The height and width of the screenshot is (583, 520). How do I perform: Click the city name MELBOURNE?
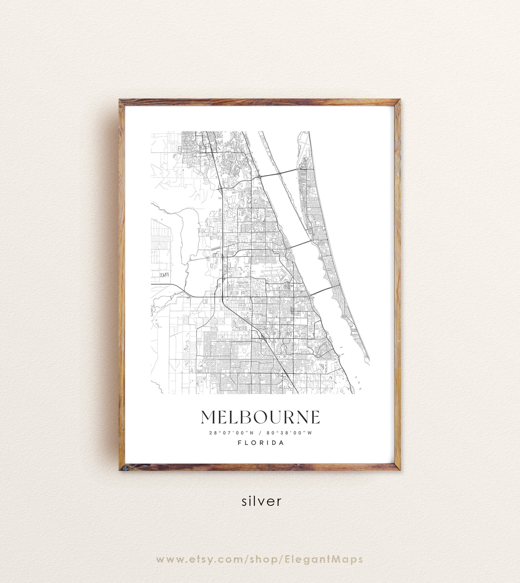(260, 417)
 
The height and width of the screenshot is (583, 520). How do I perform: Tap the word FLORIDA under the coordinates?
(261, 443)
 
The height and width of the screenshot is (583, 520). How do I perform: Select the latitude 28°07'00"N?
(231, 433)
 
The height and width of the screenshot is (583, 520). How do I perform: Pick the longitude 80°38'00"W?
(290, 433)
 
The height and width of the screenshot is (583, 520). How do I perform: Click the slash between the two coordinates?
(260, 433)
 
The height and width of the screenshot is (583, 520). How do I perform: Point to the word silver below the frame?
(261, 501)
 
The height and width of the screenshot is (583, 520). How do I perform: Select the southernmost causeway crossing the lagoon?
(321, 291)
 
